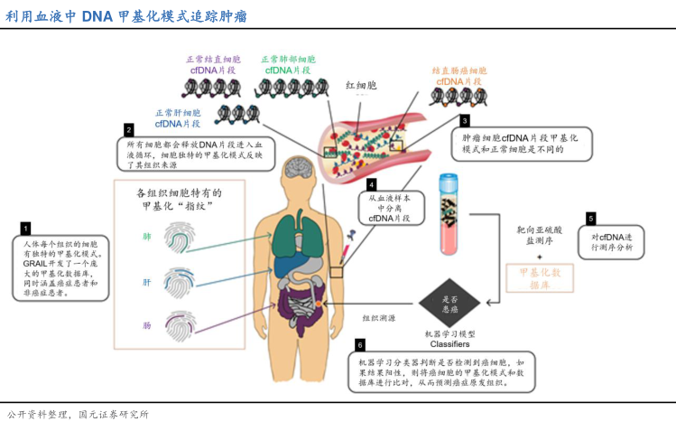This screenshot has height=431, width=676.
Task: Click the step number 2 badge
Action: pyautogui.click(x=129, y=129)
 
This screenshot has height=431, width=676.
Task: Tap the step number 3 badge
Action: pyautogui.click(x=465, y=120)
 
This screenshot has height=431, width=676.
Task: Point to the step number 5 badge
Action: pyautogui.click(x=591, y=218)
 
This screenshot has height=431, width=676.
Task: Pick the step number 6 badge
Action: pyautogui.click(x=360, y=344)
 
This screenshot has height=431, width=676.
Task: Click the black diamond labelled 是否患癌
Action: pyautogui.click(x=449, y=304)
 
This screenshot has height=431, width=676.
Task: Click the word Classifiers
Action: pyautogui.click(x=449, y=344)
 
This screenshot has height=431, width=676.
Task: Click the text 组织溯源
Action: pyautogui.click(x=379, y=318)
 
